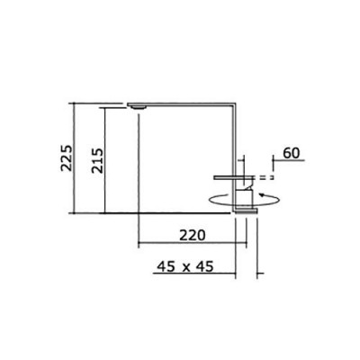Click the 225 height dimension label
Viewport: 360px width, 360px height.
point(67,158)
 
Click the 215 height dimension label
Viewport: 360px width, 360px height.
point(97,160)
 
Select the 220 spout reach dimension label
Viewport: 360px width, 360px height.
point(193,235)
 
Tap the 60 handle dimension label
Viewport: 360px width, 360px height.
point(292,153)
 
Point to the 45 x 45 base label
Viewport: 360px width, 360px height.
point(185,266)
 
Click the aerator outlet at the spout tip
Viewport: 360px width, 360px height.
point(139,107)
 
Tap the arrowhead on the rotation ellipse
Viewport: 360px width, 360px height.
point(263,195)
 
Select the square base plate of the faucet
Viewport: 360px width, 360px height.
point(247,211)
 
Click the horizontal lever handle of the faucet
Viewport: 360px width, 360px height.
point(234,177)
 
